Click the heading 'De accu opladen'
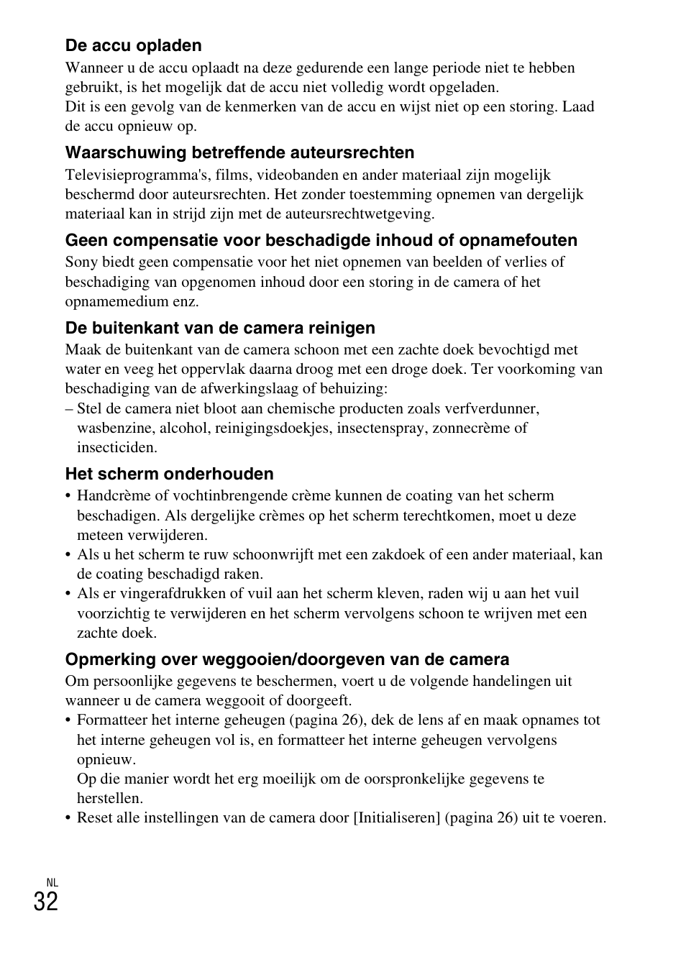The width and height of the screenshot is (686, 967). point(133,46)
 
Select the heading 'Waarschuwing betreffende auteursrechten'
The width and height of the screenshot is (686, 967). point(239,152)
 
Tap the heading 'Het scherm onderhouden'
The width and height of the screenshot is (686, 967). point(169,474)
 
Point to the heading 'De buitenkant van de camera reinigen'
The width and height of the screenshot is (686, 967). point(220,328)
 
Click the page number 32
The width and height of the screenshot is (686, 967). point(45,901)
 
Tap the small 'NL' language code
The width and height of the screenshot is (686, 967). point(52,882)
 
